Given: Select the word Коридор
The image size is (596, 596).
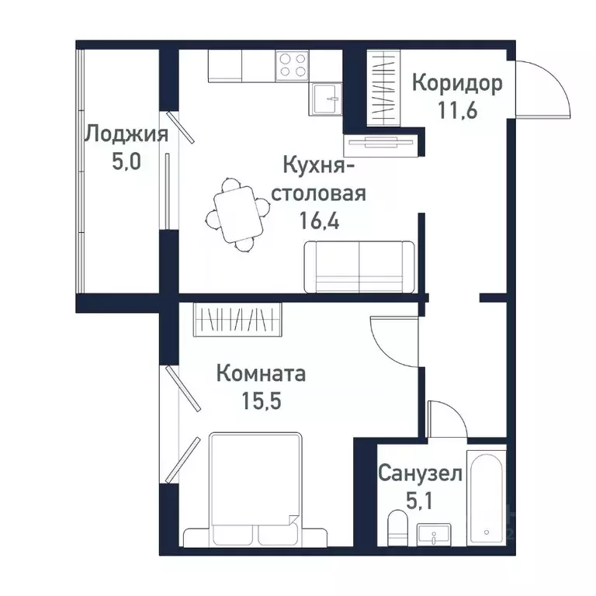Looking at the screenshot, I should [x=457, y=82].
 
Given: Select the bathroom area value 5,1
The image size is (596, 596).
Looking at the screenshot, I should [x=420, y=499].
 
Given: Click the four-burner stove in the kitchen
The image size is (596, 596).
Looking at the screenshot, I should [x=292, y=64].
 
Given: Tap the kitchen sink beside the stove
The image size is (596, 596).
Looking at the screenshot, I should [x=329, y=99].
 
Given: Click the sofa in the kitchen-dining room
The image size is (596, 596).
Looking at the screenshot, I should [x=359, y=267].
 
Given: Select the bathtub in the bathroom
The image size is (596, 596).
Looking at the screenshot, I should [x=487, y=497].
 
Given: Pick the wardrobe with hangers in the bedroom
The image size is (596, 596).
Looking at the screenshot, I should [x=237, y=319].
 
